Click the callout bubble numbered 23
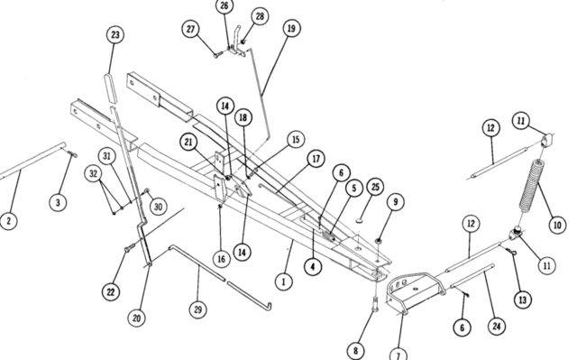point(115,35)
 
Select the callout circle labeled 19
point(291,28)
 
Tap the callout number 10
point(557,225)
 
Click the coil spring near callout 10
point(531,189)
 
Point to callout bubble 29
point(198,309)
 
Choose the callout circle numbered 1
point(283,282)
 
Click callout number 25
point(375,187)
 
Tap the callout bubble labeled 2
point(8,221)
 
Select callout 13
point(523,300)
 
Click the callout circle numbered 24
point(497,326)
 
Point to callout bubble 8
point(355,350)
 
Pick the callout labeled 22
point(111,292)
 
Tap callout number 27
point(190,29)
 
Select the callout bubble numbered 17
point(316,159)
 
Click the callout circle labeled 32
point(93,173)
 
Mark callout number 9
point(396,202)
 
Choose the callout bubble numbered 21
point(188,142)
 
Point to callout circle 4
point(313,266)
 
